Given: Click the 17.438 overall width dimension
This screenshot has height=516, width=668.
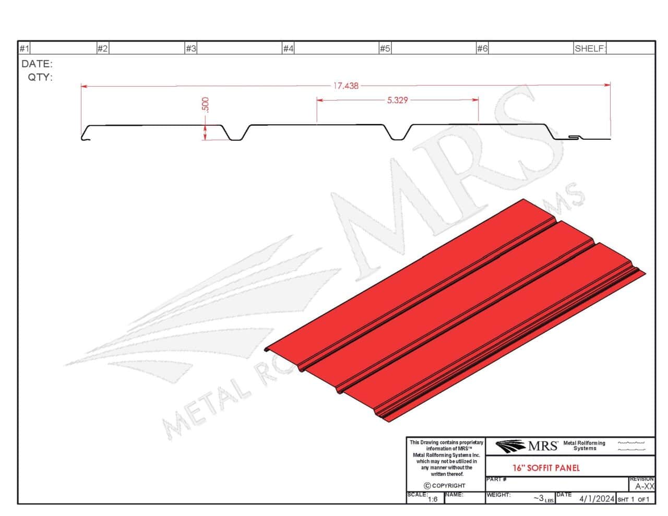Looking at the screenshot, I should [346, 86].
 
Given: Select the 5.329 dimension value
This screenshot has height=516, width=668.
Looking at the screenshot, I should [397, 100].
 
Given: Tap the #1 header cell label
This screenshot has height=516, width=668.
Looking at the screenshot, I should [24, 49].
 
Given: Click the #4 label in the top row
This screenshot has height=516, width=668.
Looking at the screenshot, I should [288, 49].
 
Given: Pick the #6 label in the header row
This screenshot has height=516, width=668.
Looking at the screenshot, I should [482, 49].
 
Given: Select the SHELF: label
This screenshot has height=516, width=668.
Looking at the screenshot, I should [590, 49].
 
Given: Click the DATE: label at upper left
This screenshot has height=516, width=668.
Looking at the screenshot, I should [37, 64].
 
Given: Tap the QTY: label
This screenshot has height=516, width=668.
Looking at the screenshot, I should [40, 77].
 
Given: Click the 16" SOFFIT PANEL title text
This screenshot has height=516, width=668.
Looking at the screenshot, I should [546, 468].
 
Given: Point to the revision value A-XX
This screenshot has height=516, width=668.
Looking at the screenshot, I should [645, 486].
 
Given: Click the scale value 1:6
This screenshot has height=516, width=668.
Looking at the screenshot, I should [433, 499].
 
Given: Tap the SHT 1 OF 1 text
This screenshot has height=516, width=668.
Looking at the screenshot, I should [633, 499].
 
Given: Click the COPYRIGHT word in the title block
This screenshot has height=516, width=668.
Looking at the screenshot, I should [448, 486].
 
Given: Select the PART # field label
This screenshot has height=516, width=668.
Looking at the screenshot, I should [496, 479].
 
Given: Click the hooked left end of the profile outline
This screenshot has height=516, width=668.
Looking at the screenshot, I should [84, 136].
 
